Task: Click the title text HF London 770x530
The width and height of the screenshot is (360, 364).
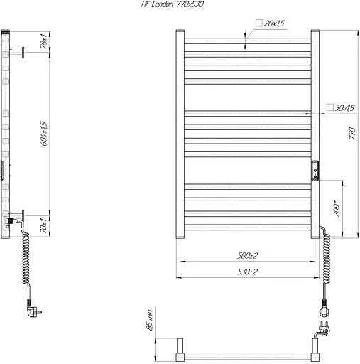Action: [x=172, y=4]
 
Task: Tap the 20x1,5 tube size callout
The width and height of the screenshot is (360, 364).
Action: [x=270, y=23]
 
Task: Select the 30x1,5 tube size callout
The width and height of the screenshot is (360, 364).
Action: [x=340, y=108]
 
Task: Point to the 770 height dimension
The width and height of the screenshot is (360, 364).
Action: [x=352, y=134]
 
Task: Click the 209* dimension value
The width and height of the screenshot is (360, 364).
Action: [x=337, y=208]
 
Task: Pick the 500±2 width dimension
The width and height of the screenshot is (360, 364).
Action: [x=247, y=255]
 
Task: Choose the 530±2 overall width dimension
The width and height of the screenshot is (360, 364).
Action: [x=247, y=272]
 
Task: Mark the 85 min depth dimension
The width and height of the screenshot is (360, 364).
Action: [x=149, y=320]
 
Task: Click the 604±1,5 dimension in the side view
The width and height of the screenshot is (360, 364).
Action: [x=44, y=134]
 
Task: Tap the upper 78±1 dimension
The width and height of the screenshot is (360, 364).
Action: [x=44, y=41]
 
